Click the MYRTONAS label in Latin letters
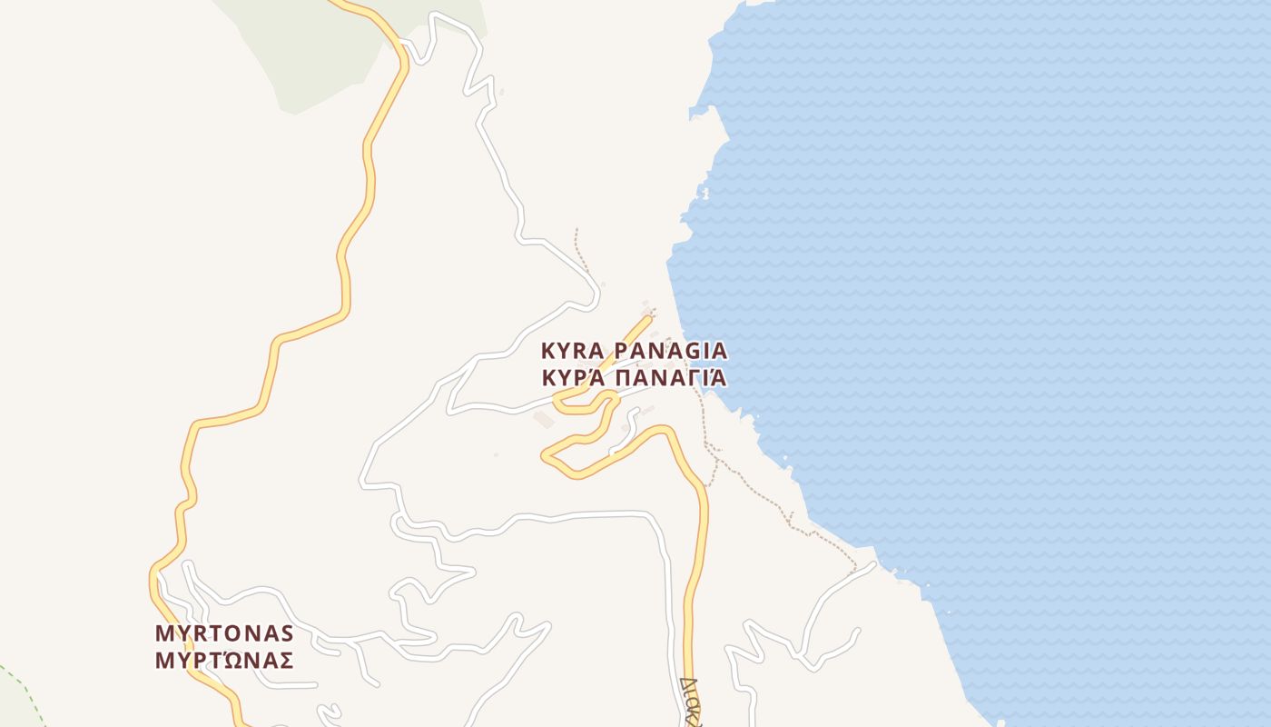[224, 632]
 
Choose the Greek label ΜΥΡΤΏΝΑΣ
[224, 661]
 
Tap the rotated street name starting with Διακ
[692, 703]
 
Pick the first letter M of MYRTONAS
[164, 632]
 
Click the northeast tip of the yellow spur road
[649, 318]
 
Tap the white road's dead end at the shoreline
[873, 564]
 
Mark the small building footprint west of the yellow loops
[544, 419]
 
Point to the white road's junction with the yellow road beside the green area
[400, 42]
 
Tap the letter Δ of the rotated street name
[690, 682]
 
